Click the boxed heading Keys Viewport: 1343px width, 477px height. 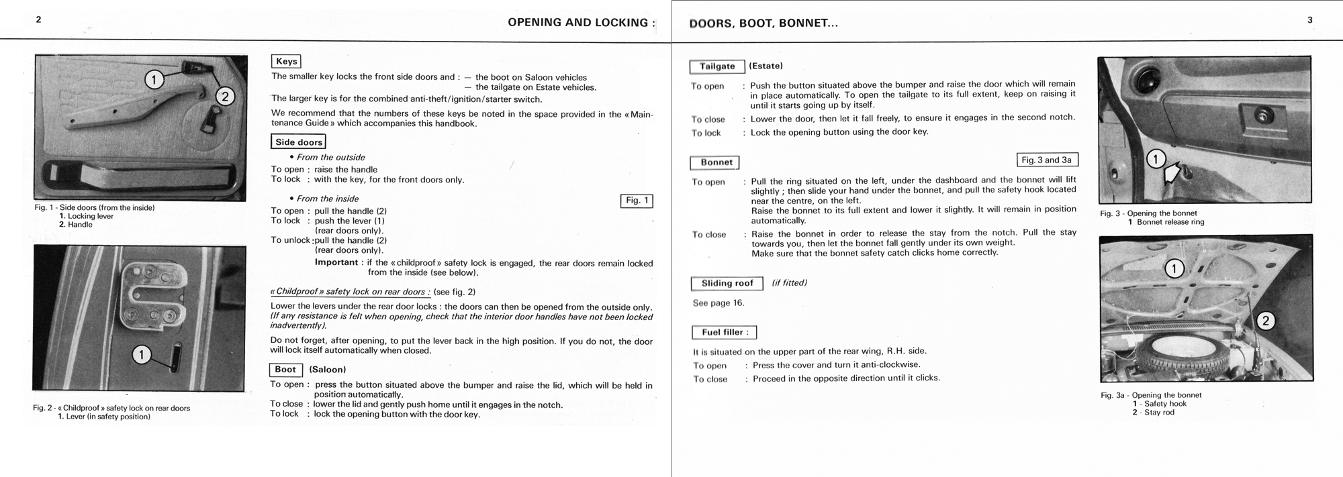(286, 62)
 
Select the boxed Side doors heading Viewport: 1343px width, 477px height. (299, 142)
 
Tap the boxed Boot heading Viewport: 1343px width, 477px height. (285, 370)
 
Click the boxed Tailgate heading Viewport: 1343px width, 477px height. (717, 66)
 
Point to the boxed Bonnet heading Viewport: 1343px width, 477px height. (716, 162)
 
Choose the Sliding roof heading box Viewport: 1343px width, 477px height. (727, 283)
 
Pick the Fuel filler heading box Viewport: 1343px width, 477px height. (725, 332)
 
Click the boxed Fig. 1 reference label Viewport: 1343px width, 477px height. (637, 201)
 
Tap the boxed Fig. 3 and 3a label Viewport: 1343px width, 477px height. (1047, 160)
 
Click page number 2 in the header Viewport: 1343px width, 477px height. (39, 19)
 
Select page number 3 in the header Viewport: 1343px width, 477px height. (1309, 20)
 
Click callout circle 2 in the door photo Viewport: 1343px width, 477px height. (225, 97)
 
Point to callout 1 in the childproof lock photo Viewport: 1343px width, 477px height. (142, 354)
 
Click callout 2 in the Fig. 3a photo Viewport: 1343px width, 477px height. (1265, 321)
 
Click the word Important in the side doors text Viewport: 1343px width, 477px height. (336, 262)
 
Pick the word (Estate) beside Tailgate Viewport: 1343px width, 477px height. (766, 66)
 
